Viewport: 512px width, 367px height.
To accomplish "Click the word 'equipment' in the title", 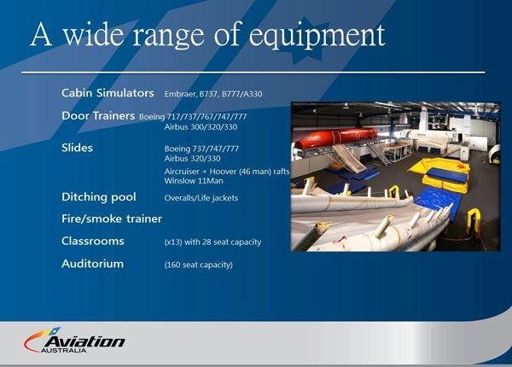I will (x=329, y=35).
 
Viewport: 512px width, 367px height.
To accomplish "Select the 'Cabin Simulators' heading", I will (x=108, y=92).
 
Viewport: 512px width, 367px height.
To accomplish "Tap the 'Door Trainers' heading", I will (x=98, y=115).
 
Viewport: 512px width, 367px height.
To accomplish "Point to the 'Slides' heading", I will (x=77, y=148).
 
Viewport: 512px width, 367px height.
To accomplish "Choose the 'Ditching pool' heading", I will (x=98, y=197).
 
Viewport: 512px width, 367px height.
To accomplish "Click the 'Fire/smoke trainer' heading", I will (x=112, y=218).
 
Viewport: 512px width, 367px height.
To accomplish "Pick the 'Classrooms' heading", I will (x=93, y=242).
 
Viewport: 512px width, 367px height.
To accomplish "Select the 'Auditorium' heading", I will (x=92, y=264).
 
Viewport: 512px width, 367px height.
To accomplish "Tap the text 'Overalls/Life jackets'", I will (x=201, y=198).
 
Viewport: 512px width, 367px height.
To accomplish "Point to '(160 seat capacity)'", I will (x=198, y=265).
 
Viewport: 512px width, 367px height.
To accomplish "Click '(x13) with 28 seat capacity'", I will (x=212, y=242).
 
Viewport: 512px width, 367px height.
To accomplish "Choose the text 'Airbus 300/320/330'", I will (x=201, y=126).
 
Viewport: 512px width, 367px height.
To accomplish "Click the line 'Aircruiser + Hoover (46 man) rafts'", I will (x=227, y=172).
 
